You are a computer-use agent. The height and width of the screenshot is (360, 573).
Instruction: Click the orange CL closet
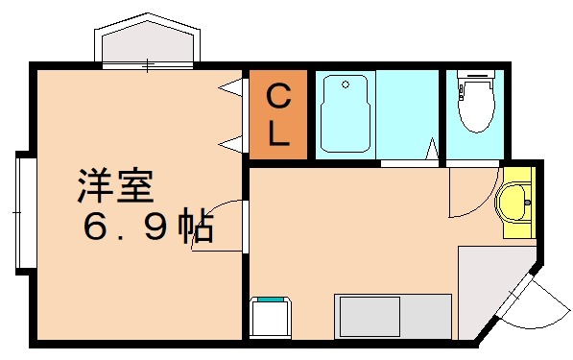[x=277, y=113]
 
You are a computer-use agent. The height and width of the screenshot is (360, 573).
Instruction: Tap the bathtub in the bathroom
[x=345, y=113]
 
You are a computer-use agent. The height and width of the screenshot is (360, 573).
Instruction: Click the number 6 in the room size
[x=96, y=228]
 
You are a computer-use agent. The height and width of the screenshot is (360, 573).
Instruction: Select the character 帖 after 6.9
[x=197, y=228]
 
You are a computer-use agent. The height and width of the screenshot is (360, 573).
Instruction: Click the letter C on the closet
[x=277, y=96]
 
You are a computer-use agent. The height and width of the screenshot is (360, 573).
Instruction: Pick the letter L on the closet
[x=278, y=132]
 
